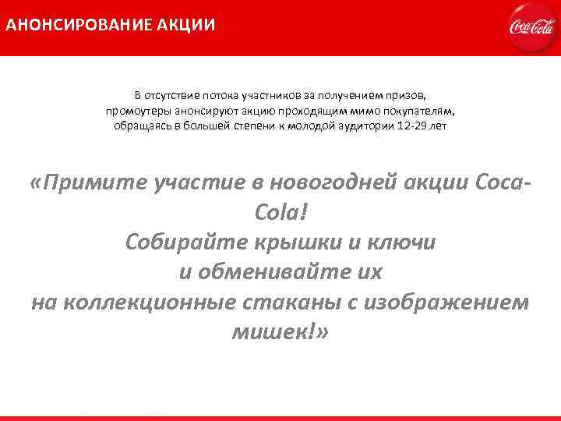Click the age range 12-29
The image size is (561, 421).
click(414, 126)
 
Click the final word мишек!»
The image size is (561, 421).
click(280, 332)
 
